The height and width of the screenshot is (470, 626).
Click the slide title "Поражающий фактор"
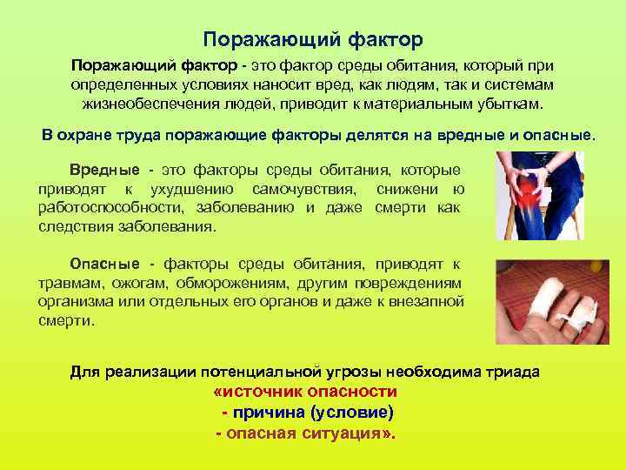[312, 40]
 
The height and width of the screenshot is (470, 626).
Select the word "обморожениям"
[229, 283]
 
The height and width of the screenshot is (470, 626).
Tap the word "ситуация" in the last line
[339, 432]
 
